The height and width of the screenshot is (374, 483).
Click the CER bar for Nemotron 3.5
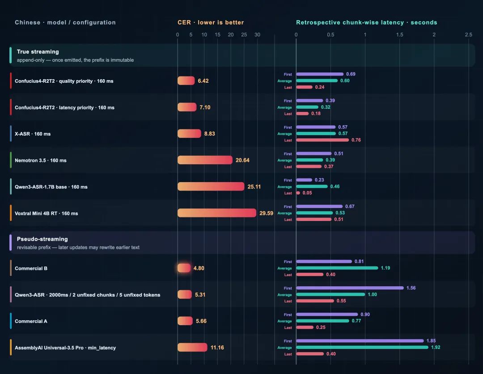click(205, 160)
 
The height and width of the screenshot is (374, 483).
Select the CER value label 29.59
click(266, 213)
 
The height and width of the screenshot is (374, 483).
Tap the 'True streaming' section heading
click(38, 52)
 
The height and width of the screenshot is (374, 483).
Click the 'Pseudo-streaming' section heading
click(42, 239)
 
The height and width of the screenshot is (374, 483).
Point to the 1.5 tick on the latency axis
click(399, 34)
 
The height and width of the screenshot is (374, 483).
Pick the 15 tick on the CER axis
click(217, 34)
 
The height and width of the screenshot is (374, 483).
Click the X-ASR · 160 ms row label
click(33, 134)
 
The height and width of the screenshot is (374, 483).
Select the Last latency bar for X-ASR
click(322, 140)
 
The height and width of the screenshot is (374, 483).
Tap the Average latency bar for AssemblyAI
click(362, 347)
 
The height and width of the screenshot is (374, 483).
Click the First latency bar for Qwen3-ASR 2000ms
click(350, 288)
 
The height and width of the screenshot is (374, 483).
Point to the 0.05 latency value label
click(307, 193)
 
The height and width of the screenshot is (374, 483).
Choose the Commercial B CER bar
click(184, 268)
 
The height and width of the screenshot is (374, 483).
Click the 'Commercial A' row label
click(31, 321)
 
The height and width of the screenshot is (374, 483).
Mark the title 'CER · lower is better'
click(211, 22)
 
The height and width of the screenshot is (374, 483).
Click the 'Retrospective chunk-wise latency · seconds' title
click(367, 22)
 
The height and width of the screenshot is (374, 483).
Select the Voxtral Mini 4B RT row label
click(46, 213)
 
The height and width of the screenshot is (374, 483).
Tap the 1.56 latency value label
click(411, 288)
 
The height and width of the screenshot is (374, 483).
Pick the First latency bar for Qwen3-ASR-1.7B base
click(304, 180)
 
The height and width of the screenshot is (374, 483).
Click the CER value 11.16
click(217, 348)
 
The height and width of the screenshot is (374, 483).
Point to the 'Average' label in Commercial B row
click(284, 268)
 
